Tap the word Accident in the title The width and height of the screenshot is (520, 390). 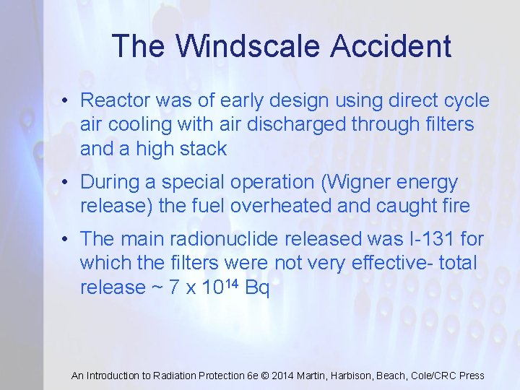[x=391, y=47]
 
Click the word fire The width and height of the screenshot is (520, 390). [x=453, y=206]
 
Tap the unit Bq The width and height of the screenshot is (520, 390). [x=257, y=287]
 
